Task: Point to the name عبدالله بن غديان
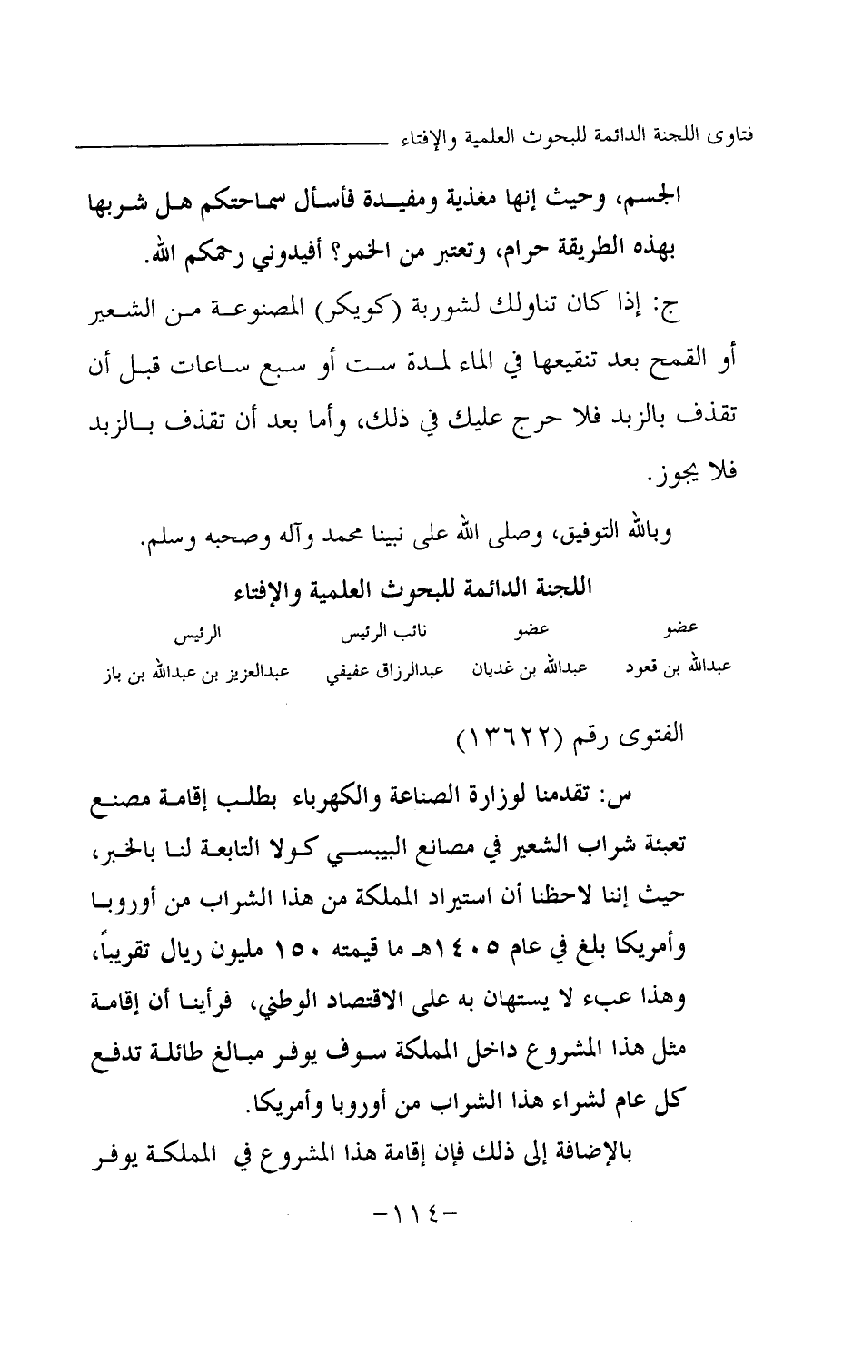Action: point(528,669)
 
